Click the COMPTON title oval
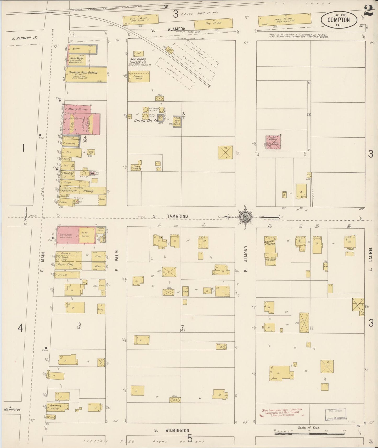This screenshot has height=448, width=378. [338, 20]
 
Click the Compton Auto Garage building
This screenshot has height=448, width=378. [86, 74]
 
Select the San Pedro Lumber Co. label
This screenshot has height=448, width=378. [138, 61]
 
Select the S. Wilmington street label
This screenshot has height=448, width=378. [171, 430]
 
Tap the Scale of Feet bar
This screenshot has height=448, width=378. [309, 433]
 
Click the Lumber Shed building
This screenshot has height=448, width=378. [139, 77]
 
